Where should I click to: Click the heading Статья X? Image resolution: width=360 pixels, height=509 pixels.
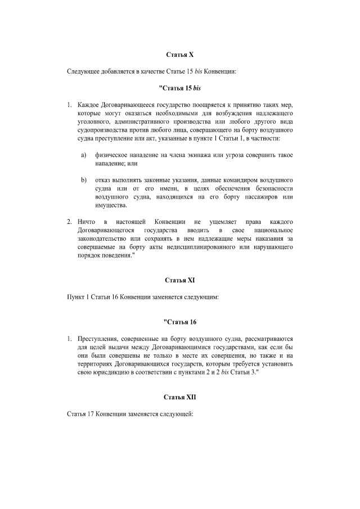point(179,55)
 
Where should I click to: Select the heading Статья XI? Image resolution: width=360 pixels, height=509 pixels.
point(179,280)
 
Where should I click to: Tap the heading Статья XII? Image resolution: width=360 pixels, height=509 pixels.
point(179,397)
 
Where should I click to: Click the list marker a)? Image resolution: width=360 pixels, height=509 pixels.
point(84,155)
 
